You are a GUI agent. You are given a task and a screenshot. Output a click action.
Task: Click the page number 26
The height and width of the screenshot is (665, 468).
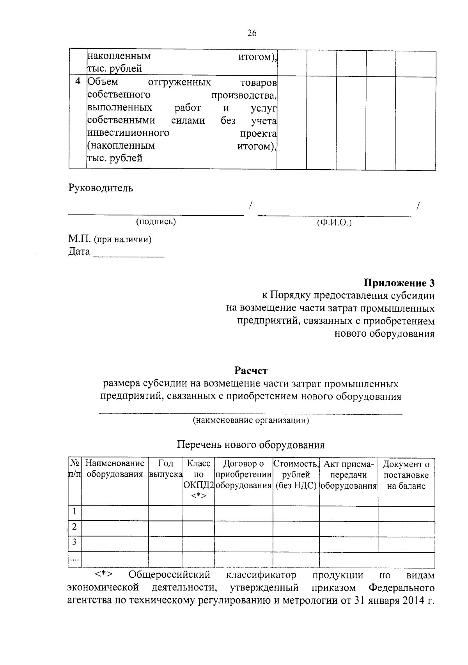click(252, 33)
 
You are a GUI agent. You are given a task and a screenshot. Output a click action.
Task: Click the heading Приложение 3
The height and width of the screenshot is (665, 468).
click(399, 282)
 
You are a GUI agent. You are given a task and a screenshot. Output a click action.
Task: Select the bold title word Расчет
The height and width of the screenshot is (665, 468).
click(251, 370)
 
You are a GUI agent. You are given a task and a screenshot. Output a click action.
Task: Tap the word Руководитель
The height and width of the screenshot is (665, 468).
click(101, 188)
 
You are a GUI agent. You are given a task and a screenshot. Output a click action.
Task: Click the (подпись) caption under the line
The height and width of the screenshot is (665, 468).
click(156, 222)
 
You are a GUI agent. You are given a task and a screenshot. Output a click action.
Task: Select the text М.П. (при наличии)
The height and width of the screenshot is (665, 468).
click(110, 239)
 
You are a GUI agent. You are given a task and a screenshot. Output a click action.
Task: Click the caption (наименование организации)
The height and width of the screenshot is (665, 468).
click(251, 420)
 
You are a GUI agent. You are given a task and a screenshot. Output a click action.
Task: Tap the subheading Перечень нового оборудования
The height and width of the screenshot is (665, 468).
click(251, 445)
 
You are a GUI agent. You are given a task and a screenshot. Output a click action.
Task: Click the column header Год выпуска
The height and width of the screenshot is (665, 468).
click(166, 469)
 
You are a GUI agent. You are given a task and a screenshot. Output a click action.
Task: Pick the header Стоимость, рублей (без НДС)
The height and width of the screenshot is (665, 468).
click(296, 475)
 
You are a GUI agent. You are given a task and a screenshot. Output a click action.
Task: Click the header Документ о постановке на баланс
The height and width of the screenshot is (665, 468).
click(406, 475)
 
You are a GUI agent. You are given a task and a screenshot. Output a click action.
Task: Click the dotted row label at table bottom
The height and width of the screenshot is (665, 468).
click(74, 560)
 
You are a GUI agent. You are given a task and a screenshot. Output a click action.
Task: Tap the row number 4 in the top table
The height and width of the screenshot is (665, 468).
click(78, 82)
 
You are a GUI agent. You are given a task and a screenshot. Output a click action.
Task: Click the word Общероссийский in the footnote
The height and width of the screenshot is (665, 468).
click(169, 575)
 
